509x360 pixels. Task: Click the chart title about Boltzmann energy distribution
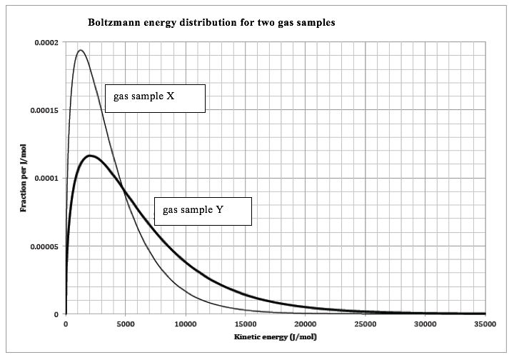211,23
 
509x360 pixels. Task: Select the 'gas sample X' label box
155,99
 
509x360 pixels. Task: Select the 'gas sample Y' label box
203,211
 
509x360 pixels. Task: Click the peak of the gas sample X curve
81,51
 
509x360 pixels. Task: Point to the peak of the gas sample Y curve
90,155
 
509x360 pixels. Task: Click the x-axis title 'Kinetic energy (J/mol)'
275,336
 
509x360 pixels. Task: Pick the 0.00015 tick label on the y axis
41,110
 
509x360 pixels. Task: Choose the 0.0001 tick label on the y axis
44,178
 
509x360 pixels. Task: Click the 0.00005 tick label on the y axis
41,246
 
